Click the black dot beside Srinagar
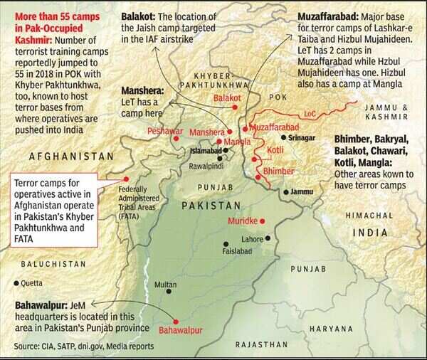tap(283, 137)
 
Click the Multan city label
tap(166, 285)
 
